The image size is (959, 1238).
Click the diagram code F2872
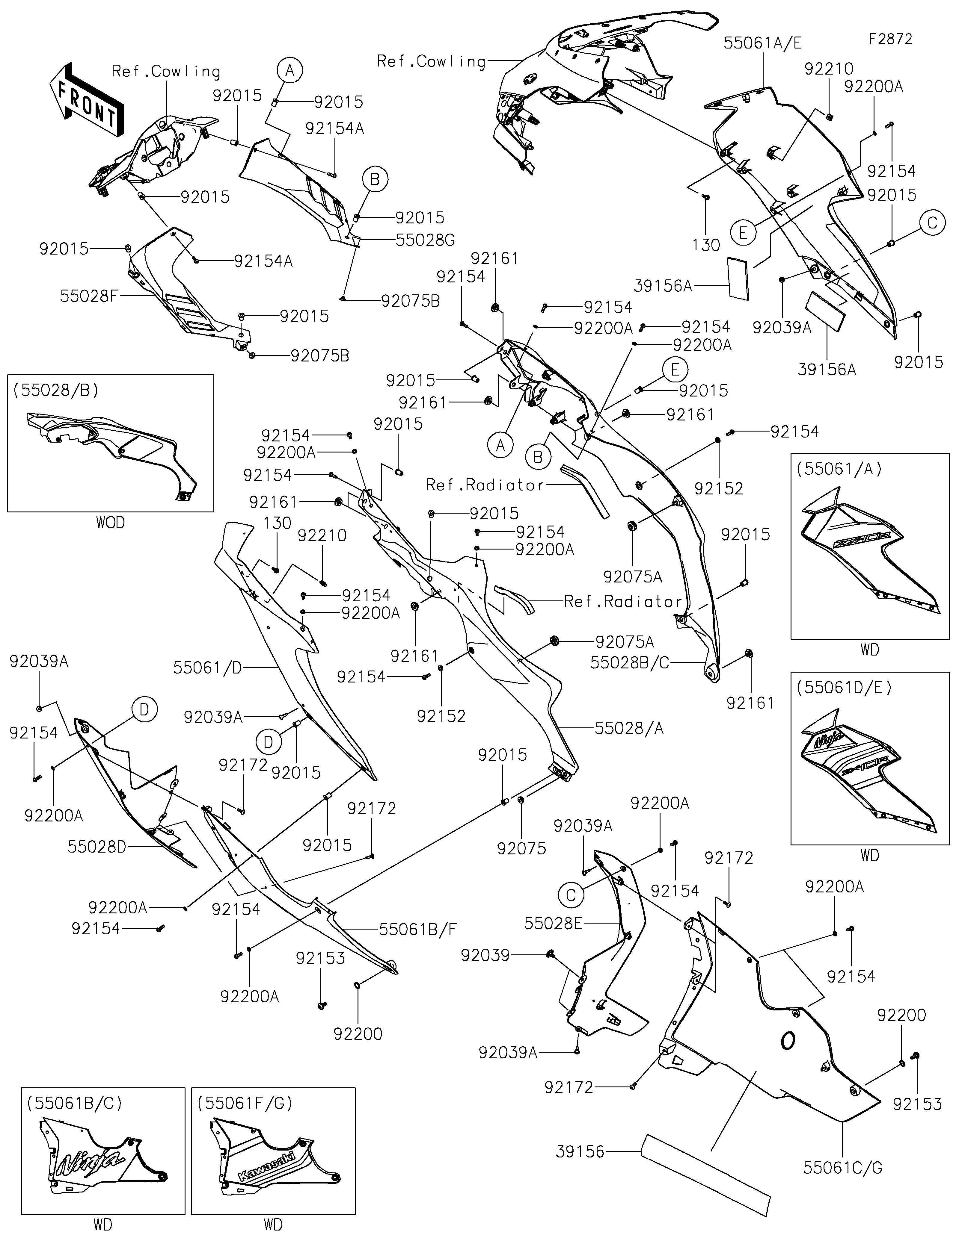890,39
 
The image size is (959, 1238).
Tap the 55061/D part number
207,668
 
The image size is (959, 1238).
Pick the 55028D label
96,847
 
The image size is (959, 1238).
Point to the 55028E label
553,924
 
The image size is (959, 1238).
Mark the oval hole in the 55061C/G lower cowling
787,1040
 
